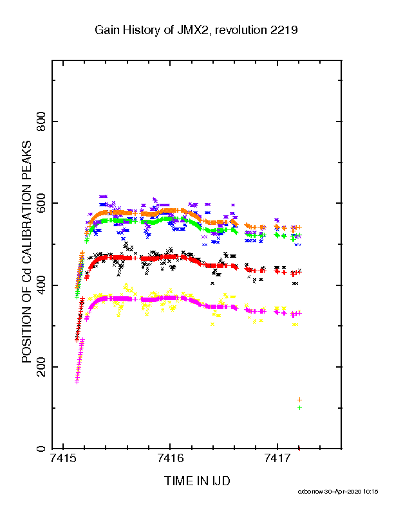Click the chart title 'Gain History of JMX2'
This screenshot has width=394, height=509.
pyautogui.click(x=152, y=30)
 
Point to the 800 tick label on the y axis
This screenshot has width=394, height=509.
pyautogui.click(x=42, y=121)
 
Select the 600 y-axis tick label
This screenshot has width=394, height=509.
pyautogui.click(x=42, y=203)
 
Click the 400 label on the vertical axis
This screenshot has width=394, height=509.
pyautogui.click(x=42, y=285)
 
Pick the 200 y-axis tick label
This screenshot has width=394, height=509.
pyautogui.click(x=42, y=367)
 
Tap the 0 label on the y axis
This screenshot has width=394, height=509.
pyautogui.click(x=42, y=449)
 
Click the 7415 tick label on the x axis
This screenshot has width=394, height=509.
pyautogui.click(x=62, y=458)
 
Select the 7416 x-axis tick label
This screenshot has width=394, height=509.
pyautogui.click(x=170, y=458)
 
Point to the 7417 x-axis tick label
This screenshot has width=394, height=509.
pyautogui.click(x=277, y=458)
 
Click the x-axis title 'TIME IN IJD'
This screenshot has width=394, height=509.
pyautogui.click(x=197, y=481)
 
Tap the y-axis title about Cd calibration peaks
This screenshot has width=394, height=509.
pyautogui.click(x=26, y=252)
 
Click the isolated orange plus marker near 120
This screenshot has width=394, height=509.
pyautogui.click(x=300, y=400)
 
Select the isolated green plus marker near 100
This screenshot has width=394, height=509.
pyautogui.click(x=300, y=407)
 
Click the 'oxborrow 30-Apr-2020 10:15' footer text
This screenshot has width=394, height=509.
pyautogui.click(x=338, y=492)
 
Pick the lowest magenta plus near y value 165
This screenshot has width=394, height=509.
pyautogui.click(x=77, y=382)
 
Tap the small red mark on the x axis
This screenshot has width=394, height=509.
pyautogui.click(x=299, y=449)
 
